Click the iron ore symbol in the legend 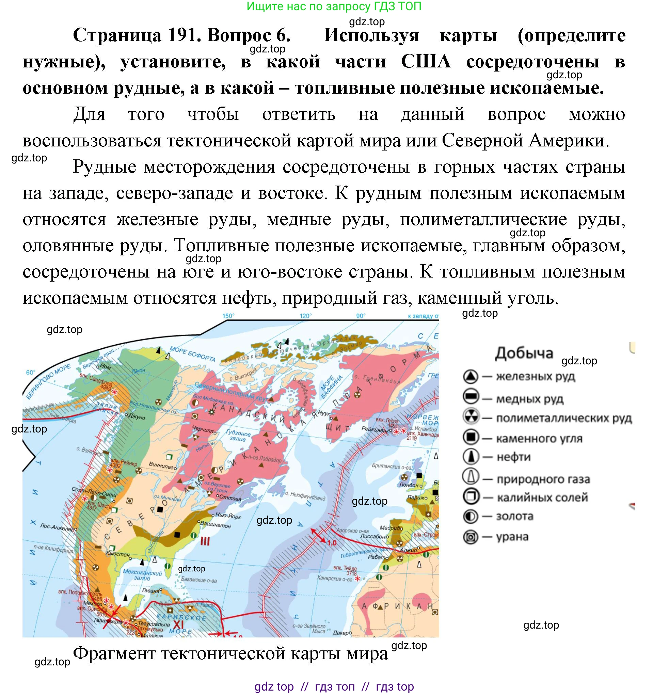coord(471,377)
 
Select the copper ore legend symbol coord(471,397)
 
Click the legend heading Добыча coord(524,353)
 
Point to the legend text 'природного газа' coord(543,479)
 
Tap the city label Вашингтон coord(216,525)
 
